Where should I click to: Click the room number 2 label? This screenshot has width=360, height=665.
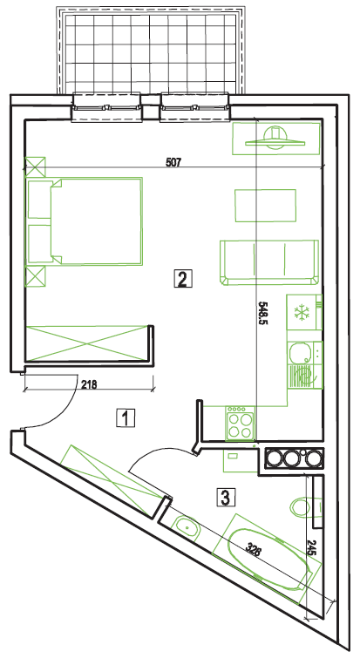click(183, 279)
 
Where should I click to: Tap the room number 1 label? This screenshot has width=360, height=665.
click(126, 417)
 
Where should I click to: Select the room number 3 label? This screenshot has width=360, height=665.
click(226, 497)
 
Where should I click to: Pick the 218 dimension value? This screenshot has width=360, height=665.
click(89, 385)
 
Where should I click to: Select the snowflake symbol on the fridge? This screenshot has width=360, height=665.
click(302, 313)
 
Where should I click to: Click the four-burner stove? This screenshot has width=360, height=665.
click(241, 423)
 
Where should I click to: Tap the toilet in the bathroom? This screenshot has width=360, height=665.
click(301, 506)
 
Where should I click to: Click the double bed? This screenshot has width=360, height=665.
click(85, 221)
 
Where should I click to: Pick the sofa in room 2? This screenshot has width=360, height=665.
click(268, 262)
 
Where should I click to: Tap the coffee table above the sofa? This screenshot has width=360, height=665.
click(266, 206)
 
